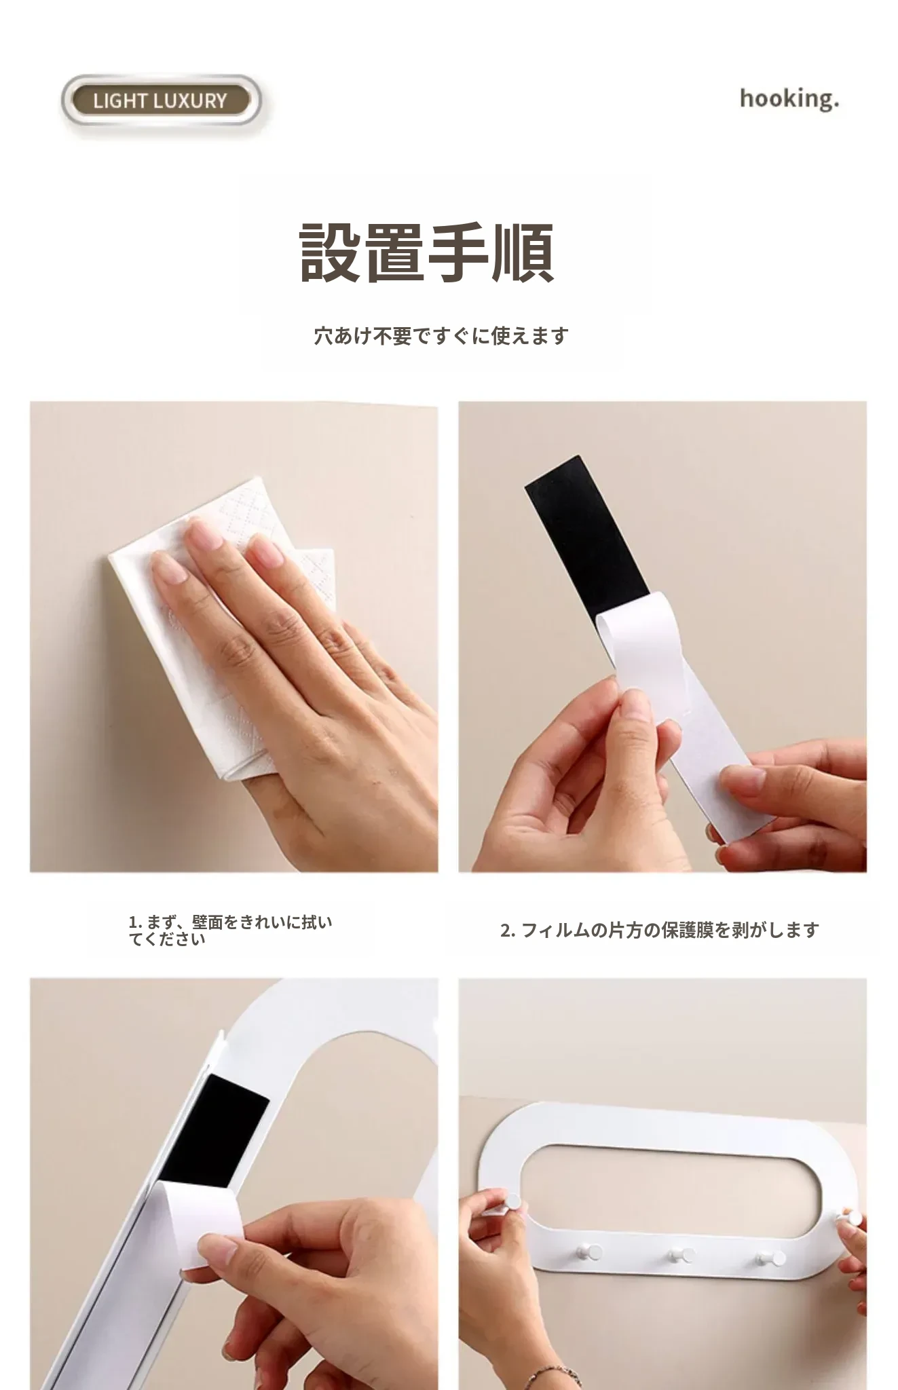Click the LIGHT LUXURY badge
point(160,101)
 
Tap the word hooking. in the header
point(789,99)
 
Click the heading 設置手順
point(427,253)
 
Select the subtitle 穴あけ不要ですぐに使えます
point(441,335)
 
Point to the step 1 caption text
point(231,931)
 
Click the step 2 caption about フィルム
point(660,930)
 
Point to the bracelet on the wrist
point(553,1376)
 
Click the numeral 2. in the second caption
point(508,931)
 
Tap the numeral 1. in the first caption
point(134,922)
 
